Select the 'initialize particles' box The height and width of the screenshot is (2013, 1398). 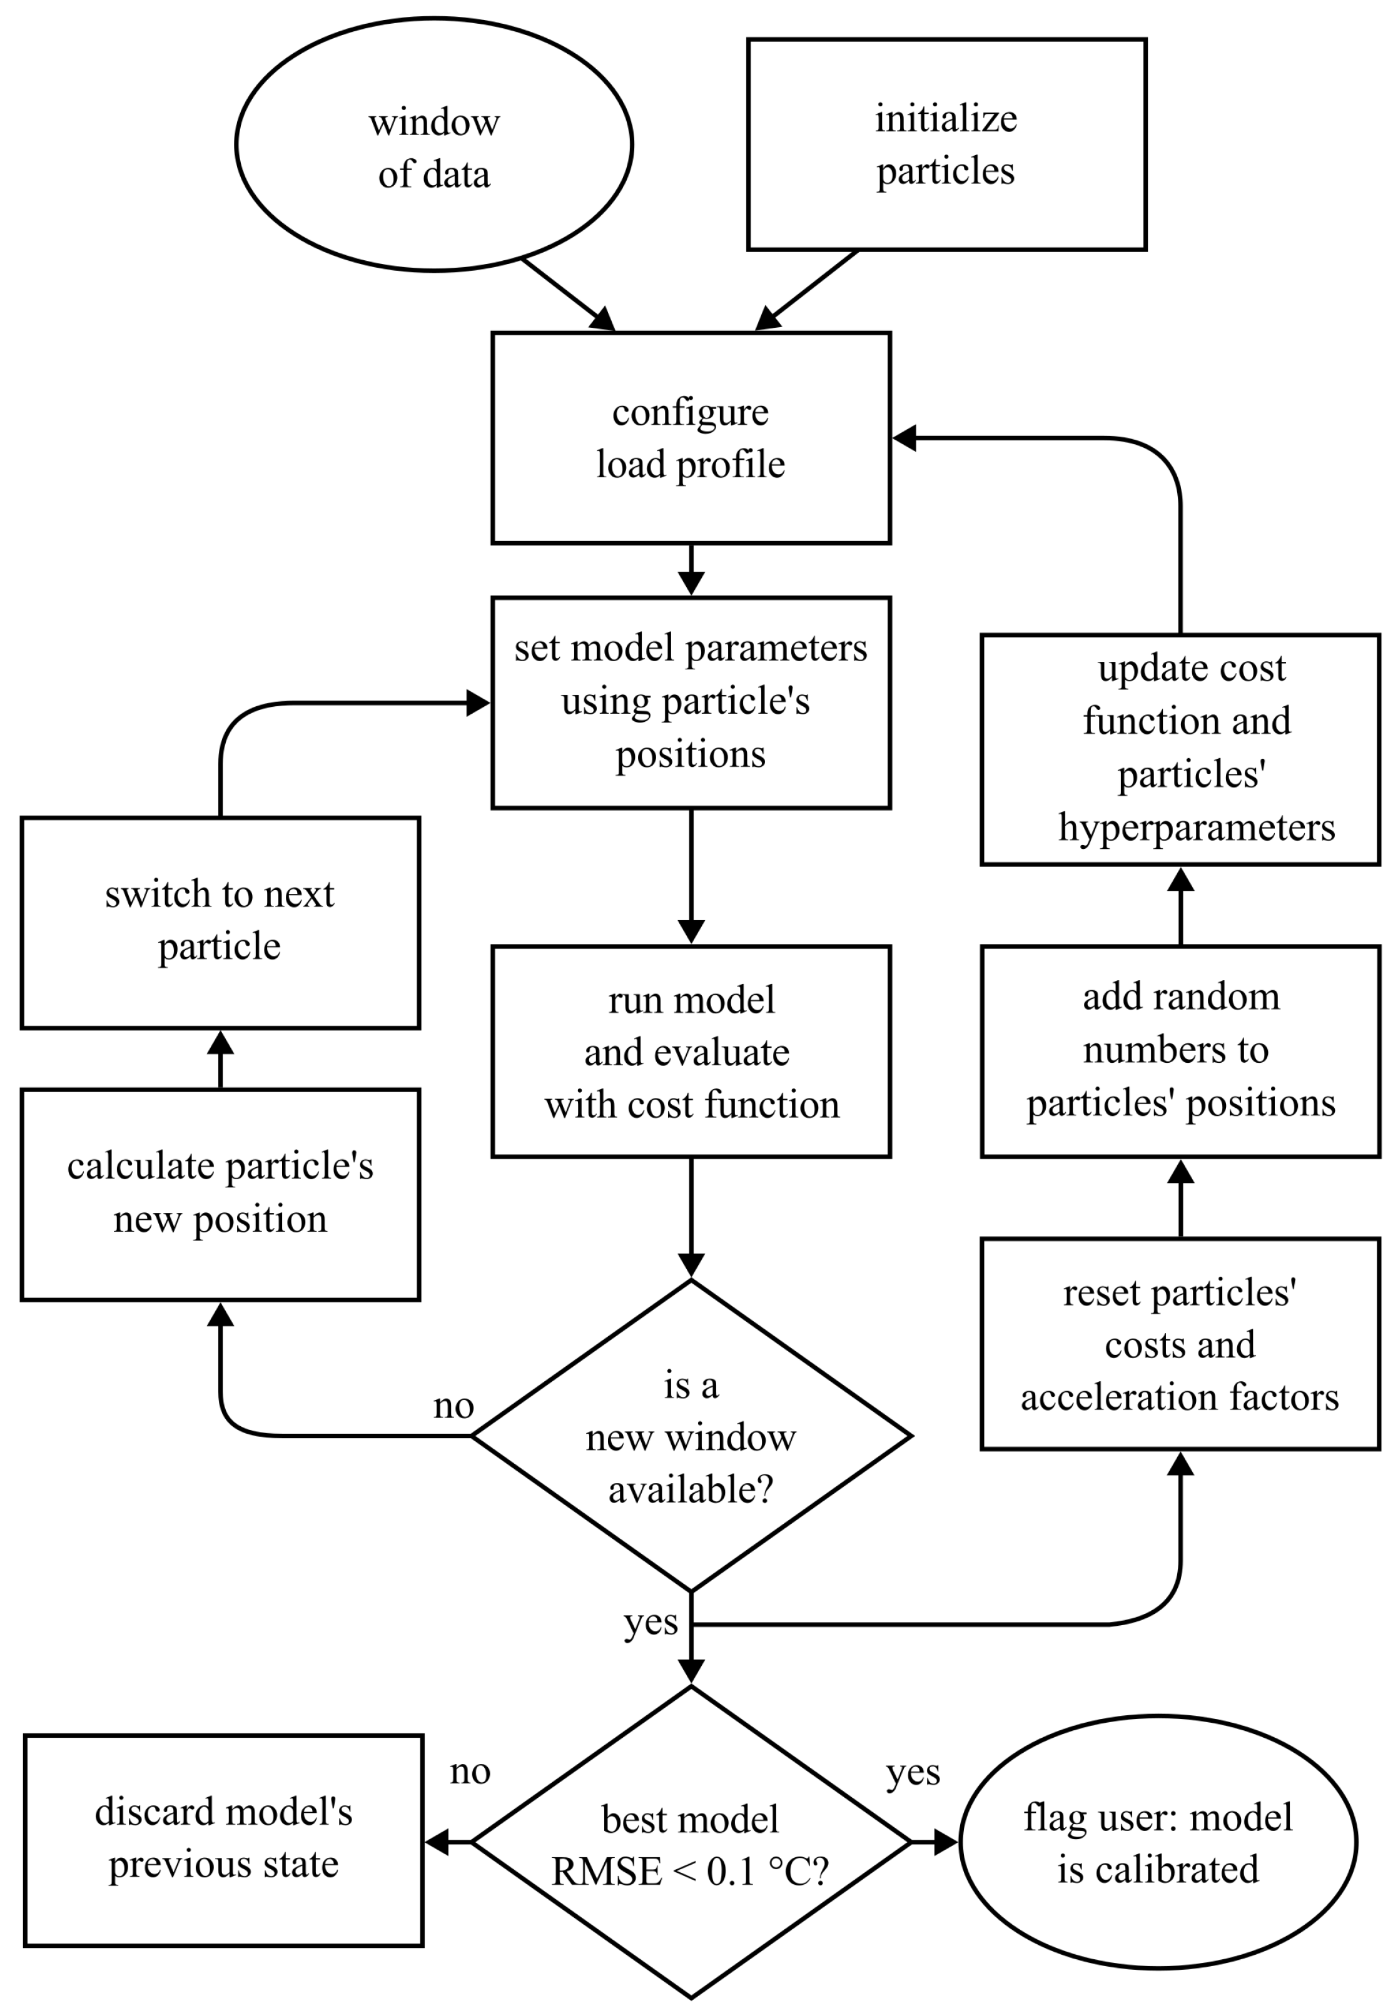pyautogui.click(x=947, y=145)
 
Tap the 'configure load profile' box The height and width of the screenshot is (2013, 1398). pyautogui.click(x=691, y=438)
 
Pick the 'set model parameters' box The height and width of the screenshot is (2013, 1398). pyautogui.click(x=691, y=702)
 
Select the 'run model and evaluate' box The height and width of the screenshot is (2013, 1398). pyautogui.click(x=691, y=1051)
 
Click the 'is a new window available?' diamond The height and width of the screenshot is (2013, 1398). pyautogui.click(x=691, y=1436)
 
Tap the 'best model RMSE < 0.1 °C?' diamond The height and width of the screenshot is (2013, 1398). pyautogui.click(x=691, y=1842)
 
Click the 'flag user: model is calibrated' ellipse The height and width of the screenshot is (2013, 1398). pyautogui.click(x=1158, y=1842)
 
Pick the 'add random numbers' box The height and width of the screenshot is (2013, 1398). pyautogui.click(x=1181, y=1051)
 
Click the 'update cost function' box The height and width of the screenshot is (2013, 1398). pyautogui.click(x=1181, y=750)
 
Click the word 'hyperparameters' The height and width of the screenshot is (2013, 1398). pyautogui.click(x=1197, y=828)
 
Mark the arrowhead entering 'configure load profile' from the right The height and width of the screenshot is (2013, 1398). pyautogui.click(x=904, y=438)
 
